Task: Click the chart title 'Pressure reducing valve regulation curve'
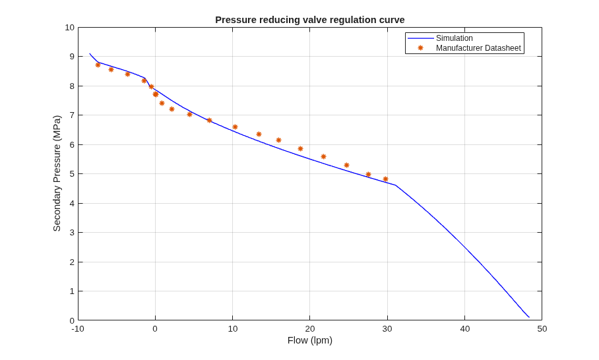click(310, 20)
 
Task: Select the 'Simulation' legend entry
click(455, 38)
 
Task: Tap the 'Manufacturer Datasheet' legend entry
click(478, 48)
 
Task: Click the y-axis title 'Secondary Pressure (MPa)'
click(57, 173)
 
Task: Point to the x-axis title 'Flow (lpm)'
click(310, 340)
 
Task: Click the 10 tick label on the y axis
click(69, 28)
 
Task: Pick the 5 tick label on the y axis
click(72, 174)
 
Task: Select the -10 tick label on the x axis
click(78, 329)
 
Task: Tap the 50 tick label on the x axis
click(542, 329)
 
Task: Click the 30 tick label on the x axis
click(387, 329)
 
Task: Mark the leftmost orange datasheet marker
click(98, 65)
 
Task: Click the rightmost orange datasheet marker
click(385, 179)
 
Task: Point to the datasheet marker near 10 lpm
click(235, 127)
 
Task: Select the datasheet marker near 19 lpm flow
click(300, 148)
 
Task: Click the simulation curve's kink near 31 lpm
click(395, 185)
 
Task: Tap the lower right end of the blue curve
click(529, 317)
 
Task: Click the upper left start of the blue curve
click(90, 53)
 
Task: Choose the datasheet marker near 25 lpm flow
click(346, 165)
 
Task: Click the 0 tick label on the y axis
click(72, 320)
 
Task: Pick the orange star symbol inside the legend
click(421, 48)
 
